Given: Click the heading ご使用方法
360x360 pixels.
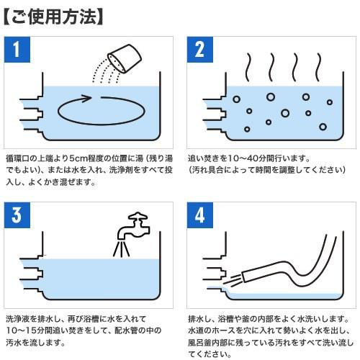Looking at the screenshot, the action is [x=53, y=17].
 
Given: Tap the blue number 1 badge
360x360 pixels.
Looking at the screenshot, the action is [x=17, y=50].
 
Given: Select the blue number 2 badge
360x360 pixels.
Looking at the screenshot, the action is [x=200, y=50].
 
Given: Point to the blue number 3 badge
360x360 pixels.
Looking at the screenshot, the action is [x=17, y=215].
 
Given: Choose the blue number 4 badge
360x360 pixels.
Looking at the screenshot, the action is [x=200, y=215].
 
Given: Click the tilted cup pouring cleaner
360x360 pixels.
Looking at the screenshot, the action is [x=125, y=58].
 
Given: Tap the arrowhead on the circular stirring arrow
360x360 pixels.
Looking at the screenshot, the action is [x=85, y=98].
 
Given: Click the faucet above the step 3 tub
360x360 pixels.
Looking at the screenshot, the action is [x=134, y=225].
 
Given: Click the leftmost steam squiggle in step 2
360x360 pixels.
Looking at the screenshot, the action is [x=248, y=67].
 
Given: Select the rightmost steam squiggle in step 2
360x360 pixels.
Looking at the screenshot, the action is [x=318, y=67].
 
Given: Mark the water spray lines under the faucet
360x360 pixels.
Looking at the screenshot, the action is [x=122, y=250].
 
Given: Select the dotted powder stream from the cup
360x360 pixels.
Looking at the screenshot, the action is [x=107, y=71].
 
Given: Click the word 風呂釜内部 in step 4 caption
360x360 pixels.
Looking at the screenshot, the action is [x=207, y=343].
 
